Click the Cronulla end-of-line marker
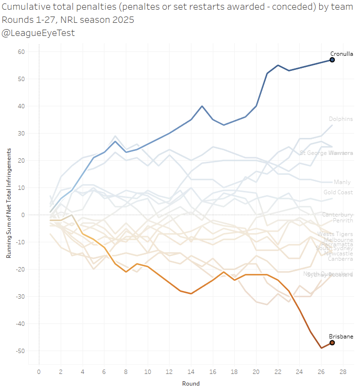tap(332, 60)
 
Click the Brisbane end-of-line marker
tap(332, 343)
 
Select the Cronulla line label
tap(342, 54)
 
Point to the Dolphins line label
tap(341, 119)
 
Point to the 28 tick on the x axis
tap(343, 372)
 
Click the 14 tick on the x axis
tap(191, 372)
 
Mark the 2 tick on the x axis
tap(61, 372)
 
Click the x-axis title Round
tap(191, 383)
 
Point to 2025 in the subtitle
tap(123, 20)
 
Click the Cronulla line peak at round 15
tap(202, 106)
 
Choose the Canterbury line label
tap(337, 215)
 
